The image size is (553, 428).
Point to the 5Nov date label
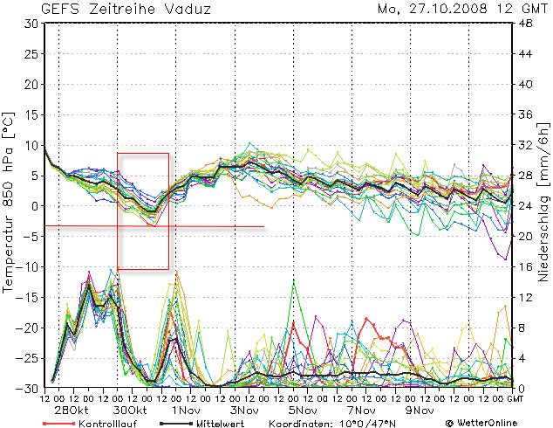tap(304, 411)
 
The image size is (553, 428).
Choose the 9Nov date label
tap(420, 411)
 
